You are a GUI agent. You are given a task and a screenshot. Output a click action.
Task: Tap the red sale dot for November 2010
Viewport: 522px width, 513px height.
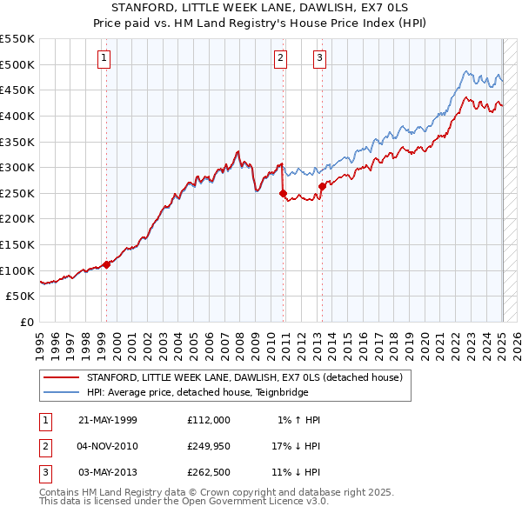pos(283,193)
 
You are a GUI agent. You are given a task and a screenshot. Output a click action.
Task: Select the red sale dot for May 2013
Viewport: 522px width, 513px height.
pos(322,186)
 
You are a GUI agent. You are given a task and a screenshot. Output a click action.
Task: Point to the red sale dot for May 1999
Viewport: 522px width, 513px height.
pos(107,264)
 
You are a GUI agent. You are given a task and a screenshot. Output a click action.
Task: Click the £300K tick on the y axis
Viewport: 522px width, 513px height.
pos(17,167)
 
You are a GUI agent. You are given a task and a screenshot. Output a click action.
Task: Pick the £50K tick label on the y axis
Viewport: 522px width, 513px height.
pos(21,296)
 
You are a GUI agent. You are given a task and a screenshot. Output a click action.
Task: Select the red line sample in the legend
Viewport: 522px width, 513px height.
pos(61,377)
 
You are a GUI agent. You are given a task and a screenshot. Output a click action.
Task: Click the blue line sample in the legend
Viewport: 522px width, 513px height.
pos(61,392)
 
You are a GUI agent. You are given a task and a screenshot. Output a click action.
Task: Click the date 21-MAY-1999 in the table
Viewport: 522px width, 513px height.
pos(108,420)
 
